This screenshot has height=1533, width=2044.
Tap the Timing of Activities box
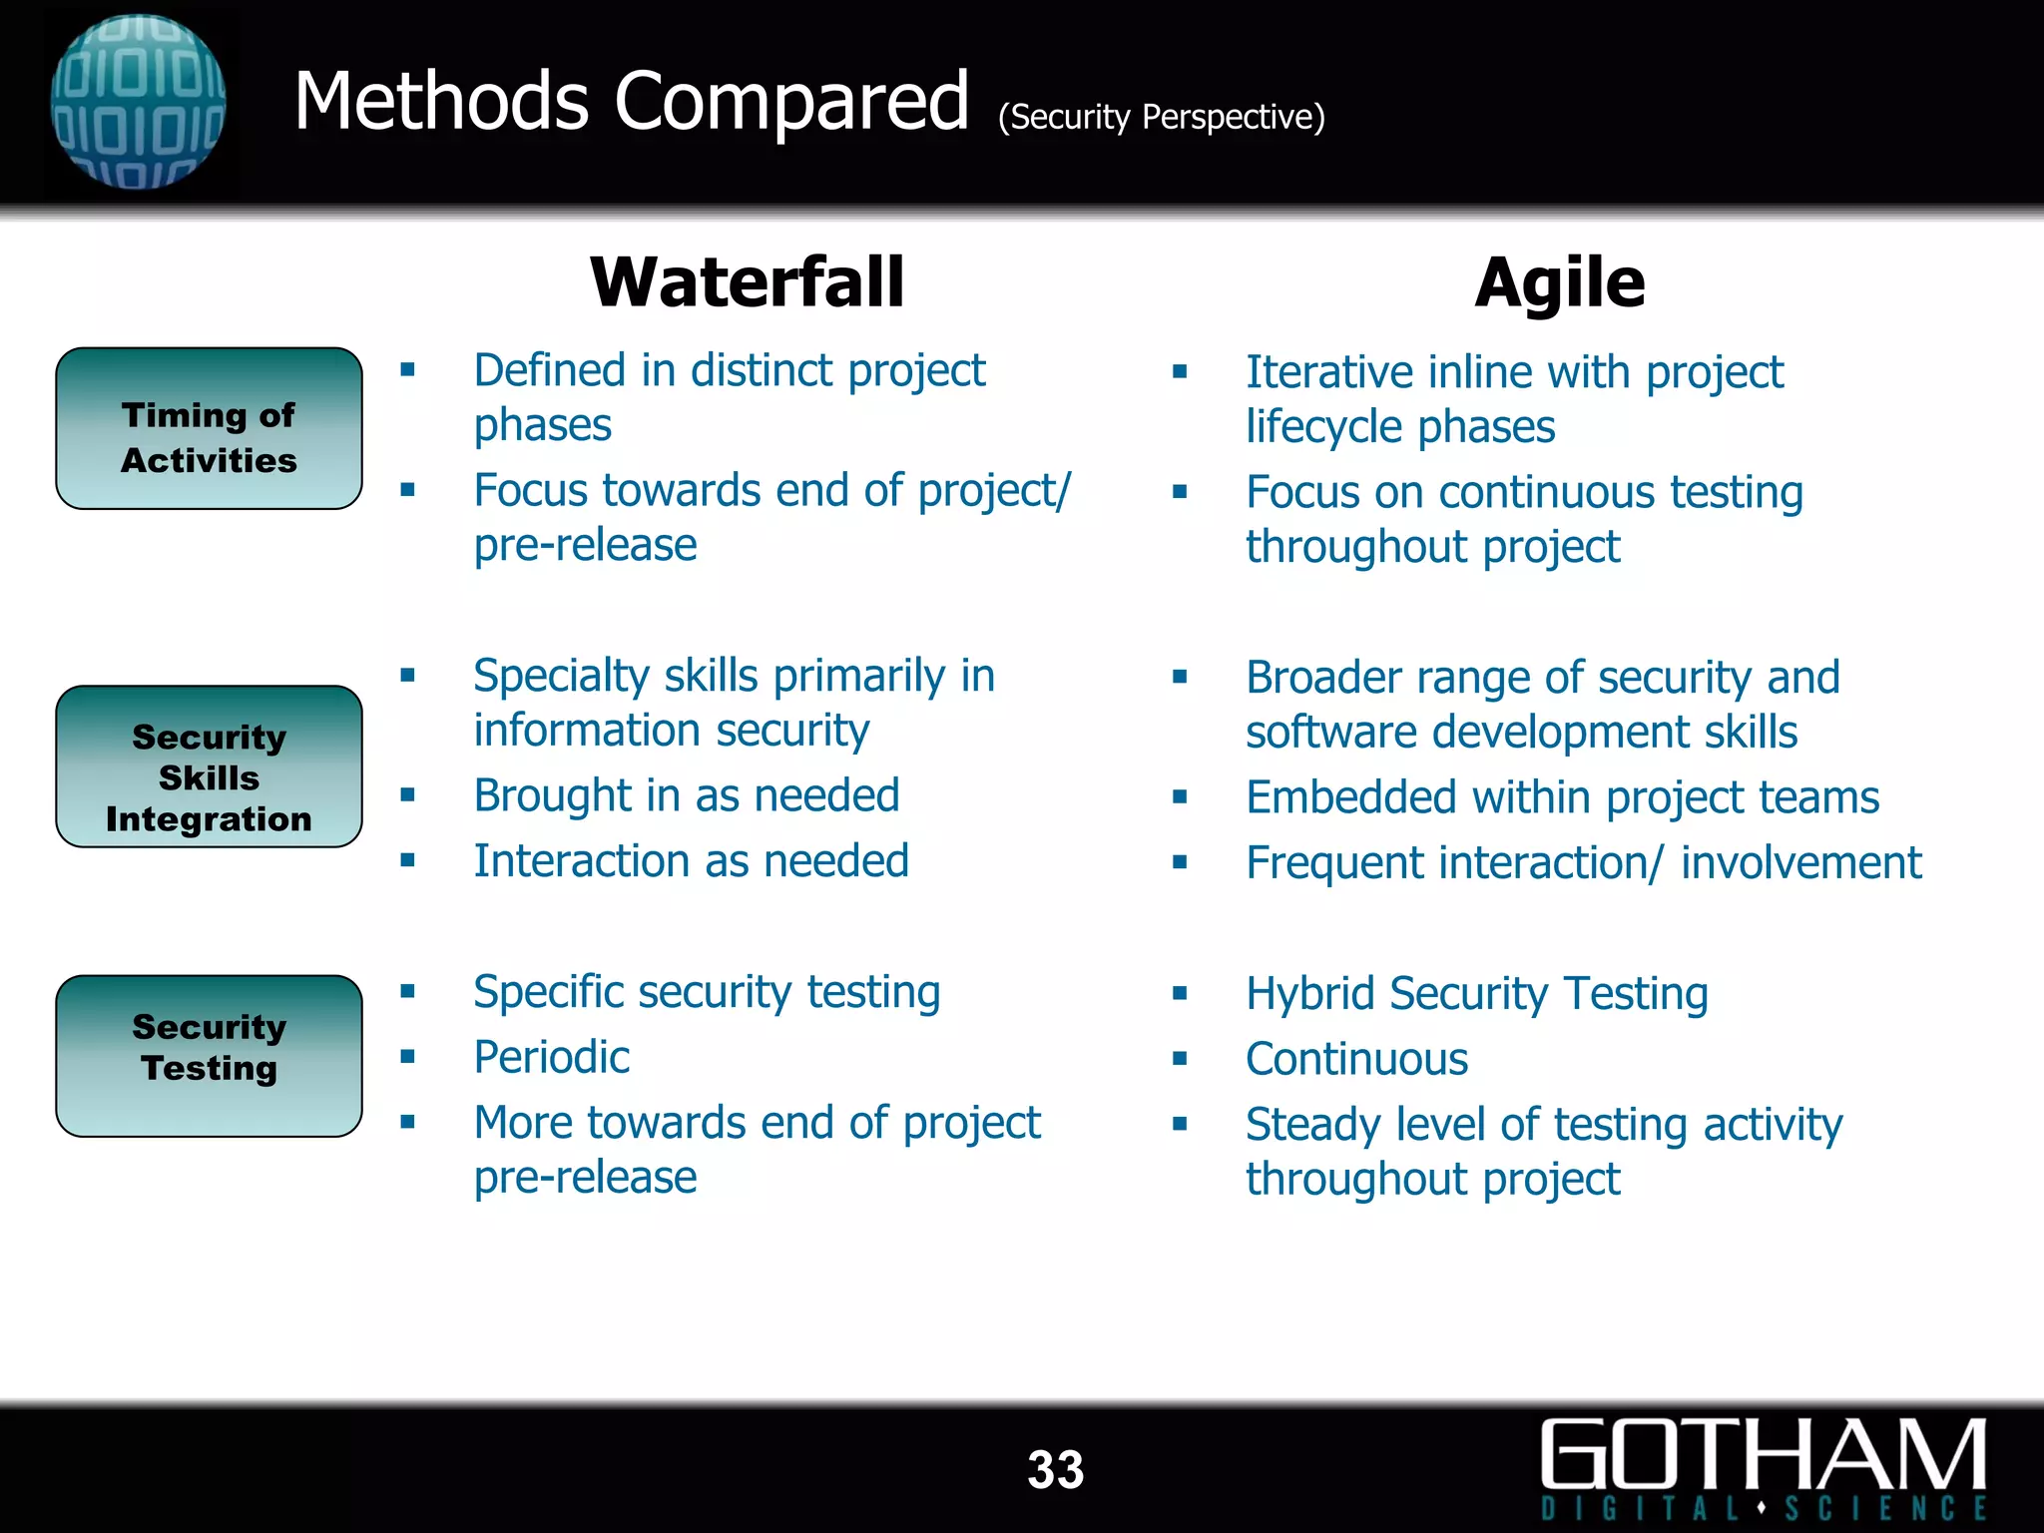coord(209,429)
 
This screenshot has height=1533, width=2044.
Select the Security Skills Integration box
coord(209,766)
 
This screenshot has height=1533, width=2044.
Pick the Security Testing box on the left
coord(209,1055)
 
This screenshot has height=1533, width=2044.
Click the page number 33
coord(1055,1470)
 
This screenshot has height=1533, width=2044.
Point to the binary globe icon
coord(138,101)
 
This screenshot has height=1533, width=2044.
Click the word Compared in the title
coord(791,102)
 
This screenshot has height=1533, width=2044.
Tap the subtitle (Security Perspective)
coord(1161,118)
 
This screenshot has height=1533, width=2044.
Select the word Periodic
coord(551,1057)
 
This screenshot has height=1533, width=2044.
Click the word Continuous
coord(1356,1059)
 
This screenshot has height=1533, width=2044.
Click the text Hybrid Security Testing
coord(1476,994)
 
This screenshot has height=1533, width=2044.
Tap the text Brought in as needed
coord(687,796)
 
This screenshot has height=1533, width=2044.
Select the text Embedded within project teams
coord(1562,798)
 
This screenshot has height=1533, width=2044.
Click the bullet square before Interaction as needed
coord(407,860)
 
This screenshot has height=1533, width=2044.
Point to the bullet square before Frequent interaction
coord(1180,862)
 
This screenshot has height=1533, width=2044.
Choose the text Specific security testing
coord(707,992)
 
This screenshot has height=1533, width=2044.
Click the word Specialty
coord(561,677)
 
